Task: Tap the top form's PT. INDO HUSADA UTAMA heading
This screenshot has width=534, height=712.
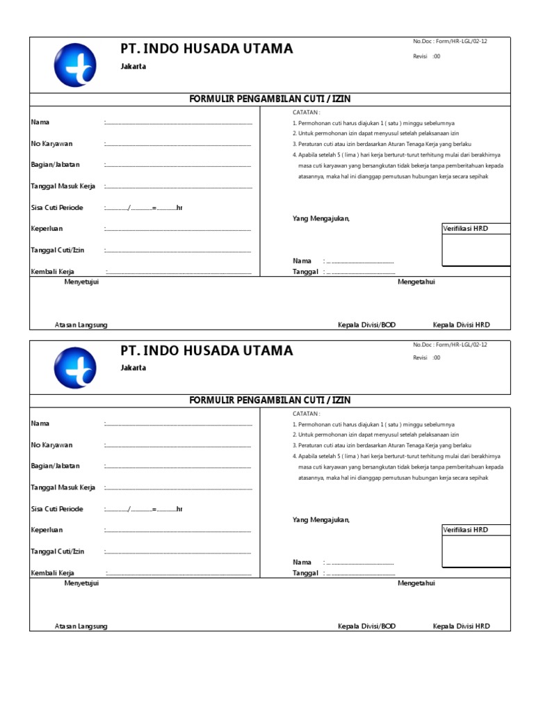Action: pos(207,49)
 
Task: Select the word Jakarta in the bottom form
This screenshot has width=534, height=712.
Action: pos(133,368)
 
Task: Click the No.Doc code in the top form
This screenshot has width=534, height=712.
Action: pos(450,42)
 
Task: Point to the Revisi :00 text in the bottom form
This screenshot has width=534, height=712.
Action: pos(426,357)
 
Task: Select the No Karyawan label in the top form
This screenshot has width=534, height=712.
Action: pos(52,144)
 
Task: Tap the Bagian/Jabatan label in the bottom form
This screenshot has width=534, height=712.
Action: pos(56,466)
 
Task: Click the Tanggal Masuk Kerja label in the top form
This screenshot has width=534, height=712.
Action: pos(63,186)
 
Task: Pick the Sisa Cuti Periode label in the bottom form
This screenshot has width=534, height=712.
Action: pos(57,509)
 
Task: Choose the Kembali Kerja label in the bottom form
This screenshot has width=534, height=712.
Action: pos(53,573)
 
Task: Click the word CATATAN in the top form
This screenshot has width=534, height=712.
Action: pos(306,111)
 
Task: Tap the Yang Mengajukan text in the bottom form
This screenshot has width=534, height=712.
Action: pos(321,520)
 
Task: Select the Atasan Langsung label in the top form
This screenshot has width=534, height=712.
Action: pos(81,325)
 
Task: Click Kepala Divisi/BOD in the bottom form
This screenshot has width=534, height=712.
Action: pos(366,626)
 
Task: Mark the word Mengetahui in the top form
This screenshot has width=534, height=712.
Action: pos(416,282)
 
